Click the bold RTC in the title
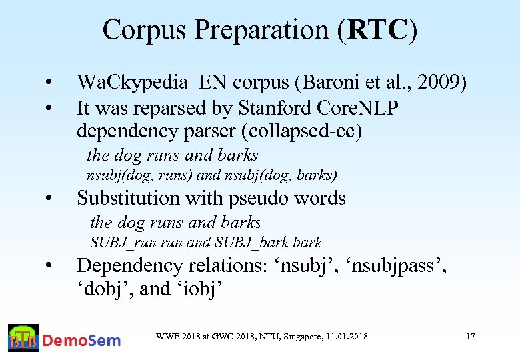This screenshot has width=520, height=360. click(x=377, y=29)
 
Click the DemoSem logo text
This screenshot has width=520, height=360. click(x=82, y=341)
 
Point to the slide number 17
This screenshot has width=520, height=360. click(x=471, y=337)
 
